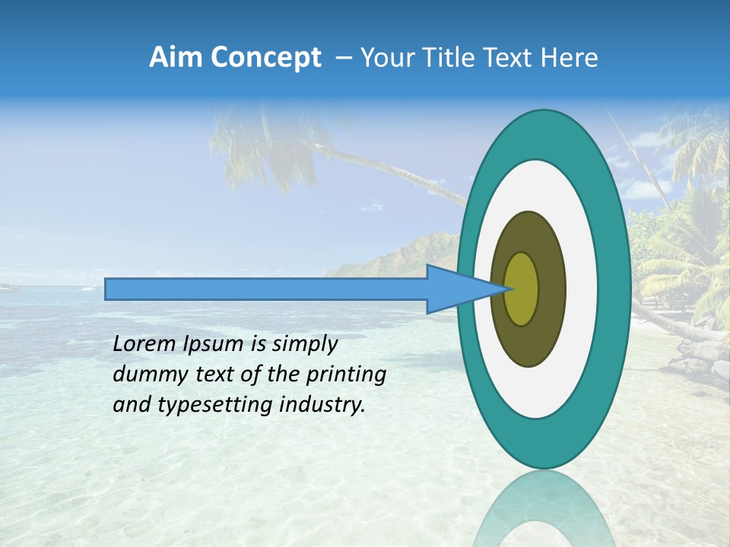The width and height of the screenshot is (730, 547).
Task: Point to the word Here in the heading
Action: coord(568,58)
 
